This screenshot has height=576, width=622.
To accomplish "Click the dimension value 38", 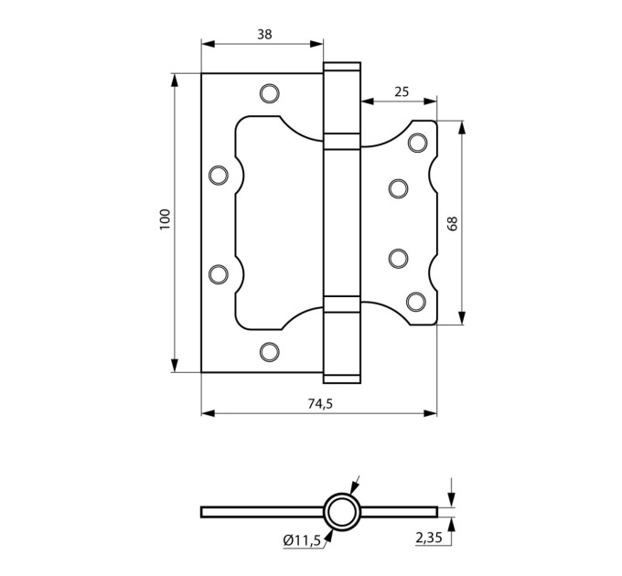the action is (264, 35).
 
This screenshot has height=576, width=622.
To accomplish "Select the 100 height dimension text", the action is (165, 219).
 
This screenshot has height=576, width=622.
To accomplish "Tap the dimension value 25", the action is (402, 92).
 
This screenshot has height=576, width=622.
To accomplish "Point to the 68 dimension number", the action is (453, 223).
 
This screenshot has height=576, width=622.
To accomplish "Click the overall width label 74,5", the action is (320, 403).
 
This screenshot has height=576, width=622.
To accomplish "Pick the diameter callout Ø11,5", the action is (302, 540).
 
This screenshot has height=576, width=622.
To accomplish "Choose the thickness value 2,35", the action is (429, 538).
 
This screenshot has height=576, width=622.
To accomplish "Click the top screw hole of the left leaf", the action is (269, 93).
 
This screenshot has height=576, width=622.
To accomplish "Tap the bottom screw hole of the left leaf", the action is (269, 352).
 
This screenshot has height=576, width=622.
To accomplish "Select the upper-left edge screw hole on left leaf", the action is (219, 176).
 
